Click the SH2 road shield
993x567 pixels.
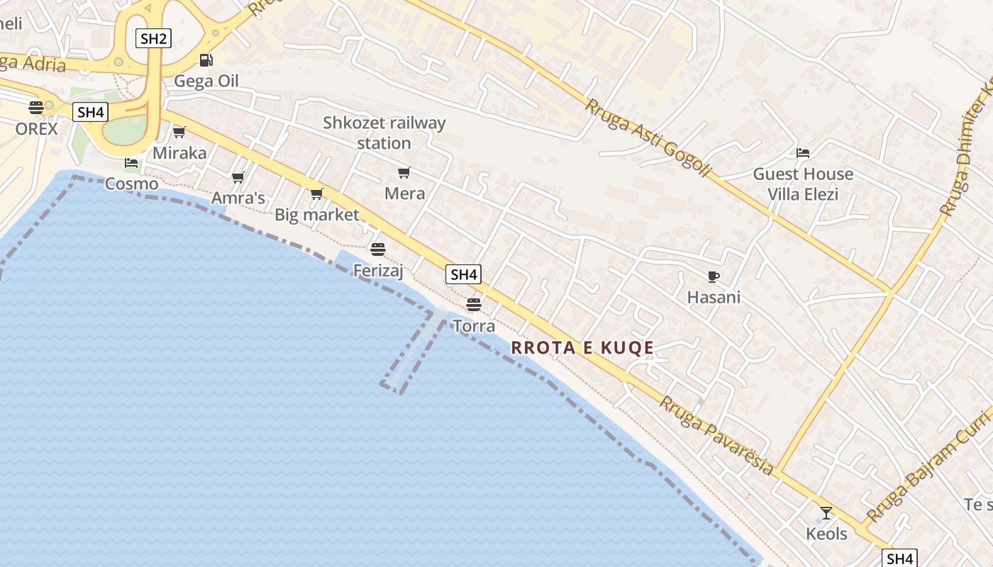click(153, 38)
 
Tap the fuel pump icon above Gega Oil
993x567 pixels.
click(206, 61)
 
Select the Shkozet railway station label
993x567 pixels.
click(384, 133)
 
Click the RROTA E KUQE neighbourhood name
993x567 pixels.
click(582, 348)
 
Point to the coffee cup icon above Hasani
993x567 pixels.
click(714, 276)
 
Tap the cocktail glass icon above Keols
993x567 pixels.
click(826, 512)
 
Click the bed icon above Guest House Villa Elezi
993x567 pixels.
click(803, 153)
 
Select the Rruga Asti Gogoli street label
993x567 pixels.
click(648, 137)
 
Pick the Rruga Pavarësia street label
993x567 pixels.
click(716, 435)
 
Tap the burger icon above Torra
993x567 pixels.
click(473, 305)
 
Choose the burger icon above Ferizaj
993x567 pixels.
click(378, 249)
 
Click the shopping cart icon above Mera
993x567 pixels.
click(404, 172)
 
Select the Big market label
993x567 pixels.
click(317, 215)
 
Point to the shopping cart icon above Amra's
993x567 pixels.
click(238, 177)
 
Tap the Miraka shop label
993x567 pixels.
click(179, 153)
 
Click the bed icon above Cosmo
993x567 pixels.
click(131, 163)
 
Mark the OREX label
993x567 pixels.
click(36, 129)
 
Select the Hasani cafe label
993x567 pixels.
click(714, 297)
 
